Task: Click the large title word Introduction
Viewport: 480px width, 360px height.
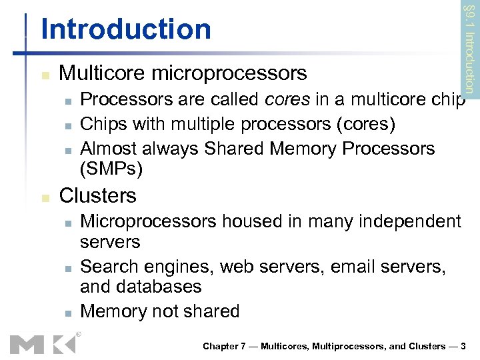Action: [x=125, y=29]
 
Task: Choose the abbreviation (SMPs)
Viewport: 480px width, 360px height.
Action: [x=111, y=169]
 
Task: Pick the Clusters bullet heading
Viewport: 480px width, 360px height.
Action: [x=97, y=195]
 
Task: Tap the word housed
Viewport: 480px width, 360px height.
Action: [x=245, y=221]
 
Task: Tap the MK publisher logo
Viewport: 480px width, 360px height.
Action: [x=43, y=343]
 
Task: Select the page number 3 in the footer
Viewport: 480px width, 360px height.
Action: [x=463, y=346]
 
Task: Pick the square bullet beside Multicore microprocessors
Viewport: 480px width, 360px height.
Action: [x=45, y=74]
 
